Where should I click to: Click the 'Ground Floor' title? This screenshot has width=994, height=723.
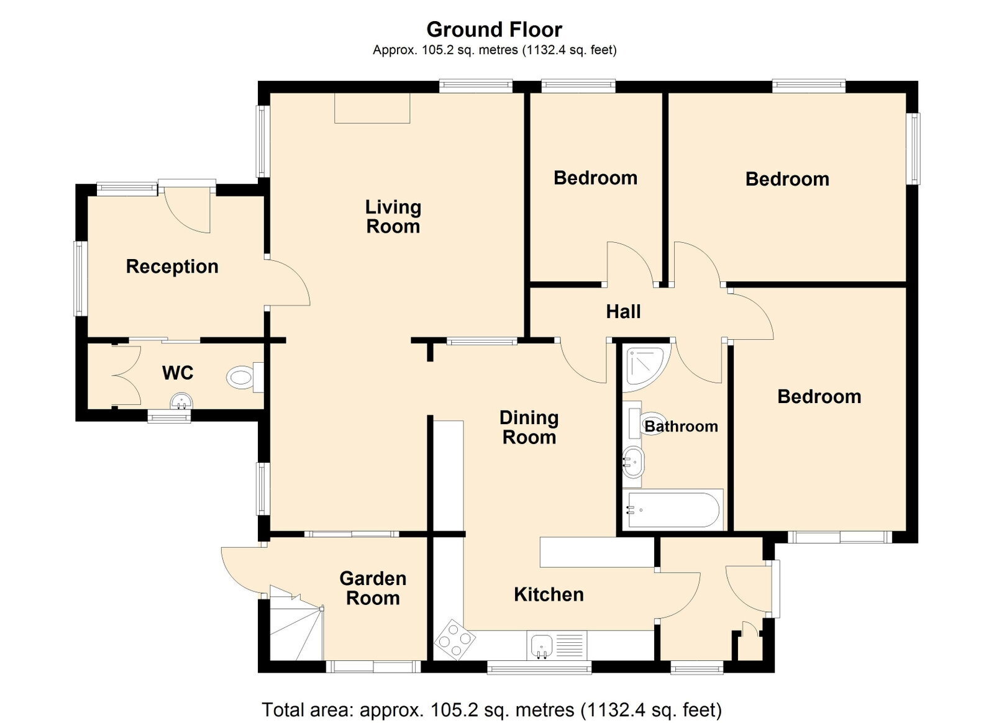(x=494, y=30)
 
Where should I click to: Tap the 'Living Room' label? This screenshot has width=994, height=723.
(x=393, y=216)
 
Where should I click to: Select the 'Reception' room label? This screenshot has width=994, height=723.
(x=172, y=266)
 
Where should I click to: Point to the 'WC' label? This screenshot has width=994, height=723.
(x=178, y=373)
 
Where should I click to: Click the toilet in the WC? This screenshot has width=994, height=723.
(x=245, y=378)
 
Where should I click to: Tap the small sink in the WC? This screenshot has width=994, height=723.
(x=181, y=402)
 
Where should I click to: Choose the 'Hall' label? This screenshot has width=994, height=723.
(x=623, y=311)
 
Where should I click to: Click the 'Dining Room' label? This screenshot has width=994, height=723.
(x=529, y=427)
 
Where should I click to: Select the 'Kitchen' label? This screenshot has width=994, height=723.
(x=549, y=594)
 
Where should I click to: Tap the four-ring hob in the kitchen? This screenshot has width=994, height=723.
(x=454, y=640)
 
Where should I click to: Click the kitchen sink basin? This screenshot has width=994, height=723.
(x=540, y=646)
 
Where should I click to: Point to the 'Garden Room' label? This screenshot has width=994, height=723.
(x=373, y=588)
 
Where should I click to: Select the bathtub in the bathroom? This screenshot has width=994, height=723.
(x=672, y=510)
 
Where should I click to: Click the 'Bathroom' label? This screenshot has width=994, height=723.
(x=681, y=426)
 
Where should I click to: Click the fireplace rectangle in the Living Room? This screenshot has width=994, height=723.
(x=372, y=108)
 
